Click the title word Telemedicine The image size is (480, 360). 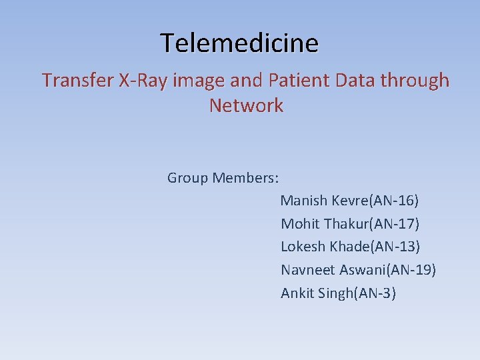pos(239,43)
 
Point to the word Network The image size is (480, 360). pos(246,106)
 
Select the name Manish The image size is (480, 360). pos(304,201)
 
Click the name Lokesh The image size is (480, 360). pos(303,247)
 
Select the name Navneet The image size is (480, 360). pos(308,270)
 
